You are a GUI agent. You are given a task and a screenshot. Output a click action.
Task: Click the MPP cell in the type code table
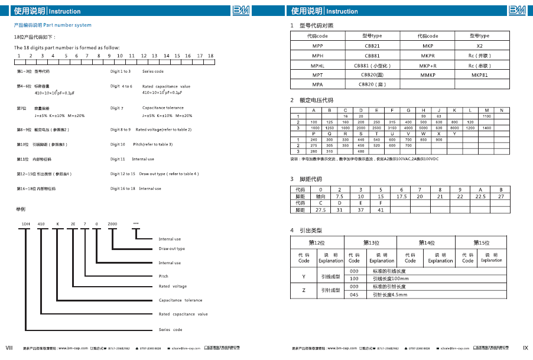point(317,46)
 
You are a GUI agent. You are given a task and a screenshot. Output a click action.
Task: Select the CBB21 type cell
point(372,46)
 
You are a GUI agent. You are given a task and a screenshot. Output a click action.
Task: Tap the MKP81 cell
point(480,75)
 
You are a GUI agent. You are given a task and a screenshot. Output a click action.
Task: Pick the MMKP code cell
point(428,75)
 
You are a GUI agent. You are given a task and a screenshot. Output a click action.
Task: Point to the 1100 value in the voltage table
point(487,116)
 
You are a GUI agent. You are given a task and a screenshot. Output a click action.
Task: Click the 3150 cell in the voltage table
point(392,128)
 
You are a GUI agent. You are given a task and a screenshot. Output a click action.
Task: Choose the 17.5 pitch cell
point(401,196)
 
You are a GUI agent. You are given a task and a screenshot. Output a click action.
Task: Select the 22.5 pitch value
point(480,196)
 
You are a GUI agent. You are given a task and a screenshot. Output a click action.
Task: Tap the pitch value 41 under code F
point(381,210)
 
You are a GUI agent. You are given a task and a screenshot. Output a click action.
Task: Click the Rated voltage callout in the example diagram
point(173,286)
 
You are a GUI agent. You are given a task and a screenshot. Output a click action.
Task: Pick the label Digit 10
point(118,144)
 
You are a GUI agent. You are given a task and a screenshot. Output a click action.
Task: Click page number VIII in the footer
point(9,348)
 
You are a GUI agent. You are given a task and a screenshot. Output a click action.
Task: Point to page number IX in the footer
point(525,348)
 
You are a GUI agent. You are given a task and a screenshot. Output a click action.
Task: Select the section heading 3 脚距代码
point(306,179)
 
